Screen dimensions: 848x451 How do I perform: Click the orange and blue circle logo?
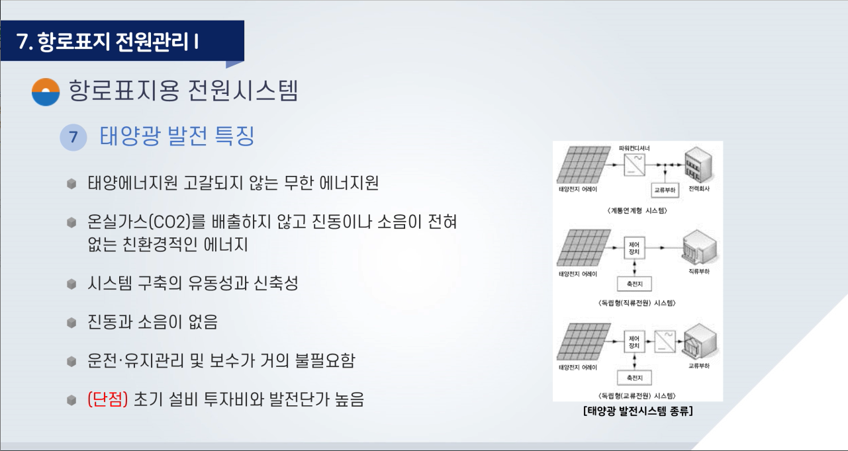[46, 92]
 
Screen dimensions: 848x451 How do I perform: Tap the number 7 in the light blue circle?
[73, 137]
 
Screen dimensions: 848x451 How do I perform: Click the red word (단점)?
[108, 399]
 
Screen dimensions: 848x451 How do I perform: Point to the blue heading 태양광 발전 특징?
[177, 136]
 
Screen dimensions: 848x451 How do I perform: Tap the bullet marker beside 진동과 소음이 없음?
[71, 323]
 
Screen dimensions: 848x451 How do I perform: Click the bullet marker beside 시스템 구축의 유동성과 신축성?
[71, 284]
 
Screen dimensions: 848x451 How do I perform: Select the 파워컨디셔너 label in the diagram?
[634, 148]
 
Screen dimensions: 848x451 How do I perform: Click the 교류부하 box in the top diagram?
[665, 190]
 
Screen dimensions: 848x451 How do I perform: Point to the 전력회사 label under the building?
[699, 188]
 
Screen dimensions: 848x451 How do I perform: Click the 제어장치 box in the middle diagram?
[634, 248]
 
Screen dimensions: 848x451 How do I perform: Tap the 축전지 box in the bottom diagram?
[634, 378]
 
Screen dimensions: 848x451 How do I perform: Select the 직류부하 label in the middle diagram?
[699, 271]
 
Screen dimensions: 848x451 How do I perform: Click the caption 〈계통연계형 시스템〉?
[637, 210]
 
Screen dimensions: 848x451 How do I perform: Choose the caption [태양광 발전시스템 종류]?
[638, 411]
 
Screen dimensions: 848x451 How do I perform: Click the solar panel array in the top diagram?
[583, 165]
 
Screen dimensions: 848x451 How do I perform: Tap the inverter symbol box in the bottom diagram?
[665, 341]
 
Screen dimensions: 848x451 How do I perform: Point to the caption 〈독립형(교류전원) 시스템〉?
[637, 396]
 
